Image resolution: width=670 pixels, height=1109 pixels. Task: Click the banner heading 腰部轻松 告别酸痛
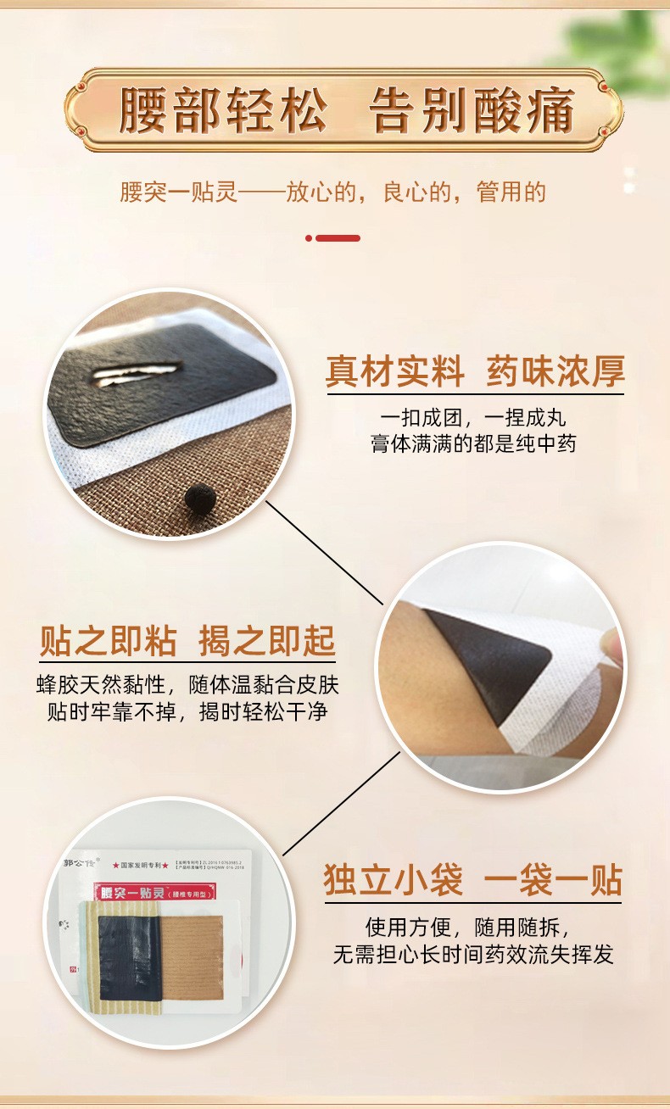coord(346,111)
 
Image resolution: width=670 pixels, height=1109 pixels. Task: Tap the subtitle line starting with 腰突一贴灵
coord(332,192)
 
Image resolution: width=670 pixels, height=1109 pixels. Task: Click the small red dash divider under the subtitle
coord(332,238)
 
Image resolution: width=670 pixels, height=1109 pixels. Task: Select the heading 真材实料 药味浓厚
coord(475,372)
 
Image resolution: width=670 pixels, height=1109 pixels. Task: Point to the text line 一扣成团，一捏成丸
coord(473,417)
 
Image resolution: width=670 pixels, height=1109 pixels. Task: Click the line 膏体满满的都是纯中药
coord(473,443)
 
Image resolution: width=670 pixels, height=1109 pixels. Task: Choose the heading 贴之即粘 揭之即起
coord(187,642)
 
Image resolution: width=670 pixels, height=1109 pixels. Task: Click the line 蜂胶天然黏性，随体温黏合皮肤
coord(187,685)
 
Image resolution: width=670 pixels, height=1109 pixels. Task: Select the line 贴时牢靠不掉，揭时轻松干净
coord(187,711)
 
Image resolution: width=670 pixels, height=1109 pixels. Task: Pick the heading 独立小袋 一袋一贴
coord(473,880)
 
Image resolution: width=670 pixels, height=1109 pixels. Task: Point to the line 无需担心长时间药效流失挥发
coord(473,955)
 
